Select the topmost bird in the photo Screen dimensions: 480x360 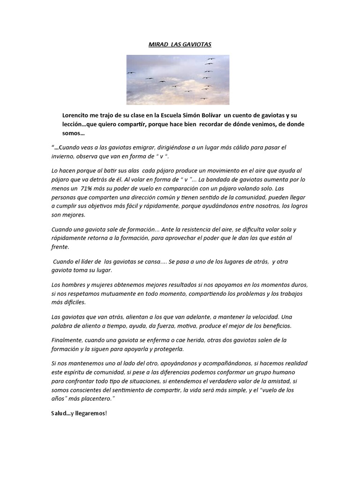[210, 59]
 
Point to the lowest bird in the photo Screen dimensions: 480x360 [203, 98]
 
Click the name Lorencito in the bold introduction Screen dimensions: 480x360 [77, 115]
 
